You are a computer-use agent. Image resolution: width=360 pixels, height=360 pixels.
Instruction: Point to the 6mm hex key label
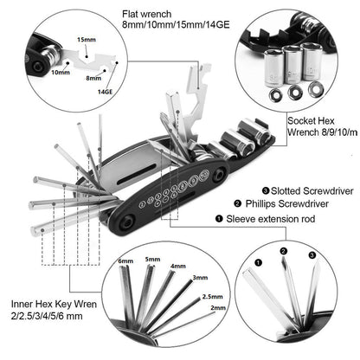coord(125,260)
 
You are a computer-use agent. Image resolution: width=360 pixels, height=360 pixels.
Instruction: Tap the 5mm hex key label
coord(152,258)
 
